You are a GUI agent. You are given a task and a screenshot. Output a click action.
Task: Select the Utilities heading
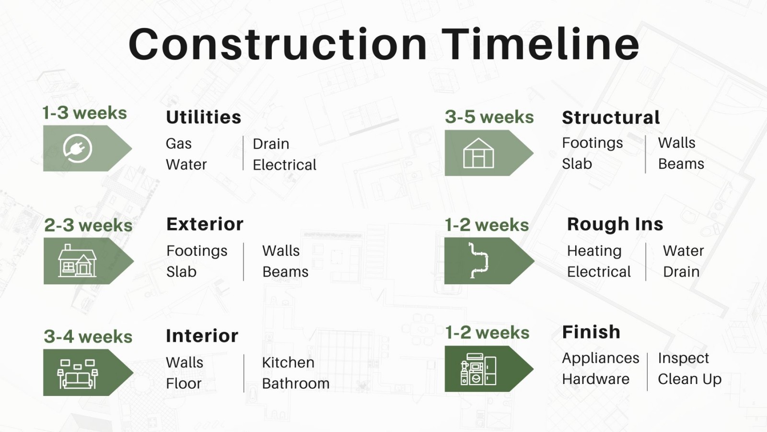204,118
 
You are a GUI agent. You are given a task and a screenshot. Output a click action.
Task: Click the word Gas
178,144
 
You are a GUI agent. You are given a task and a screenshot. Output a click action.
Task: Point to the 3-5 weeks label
489,117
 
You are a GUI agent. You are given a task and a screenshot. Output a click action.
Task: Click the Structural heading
611,118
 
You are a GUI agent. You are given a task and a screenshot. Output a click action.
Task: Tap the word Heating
594,252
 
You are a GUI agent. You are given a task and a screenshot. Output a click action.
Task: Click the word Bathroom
295,384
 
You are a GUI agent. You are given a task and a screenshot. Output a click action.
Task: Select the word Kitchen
288,363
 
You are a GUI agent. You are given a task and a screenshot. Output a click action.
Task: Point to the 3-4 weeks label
88,336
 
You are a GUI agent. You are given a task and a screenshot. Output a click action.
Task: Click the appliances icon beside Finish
478,369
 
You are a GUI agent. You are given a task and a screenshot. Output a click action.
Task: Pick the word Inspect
683,358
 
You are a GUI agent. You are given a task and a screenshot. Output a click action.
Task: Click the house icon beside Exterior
77,261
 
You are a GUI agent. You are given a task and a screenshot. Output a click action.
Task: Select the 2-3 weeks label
88,225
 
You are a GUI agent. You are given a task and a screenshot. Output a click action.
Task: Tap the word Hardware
595,379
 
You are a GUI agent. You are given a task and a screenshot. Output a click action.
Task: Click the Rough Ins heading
615,224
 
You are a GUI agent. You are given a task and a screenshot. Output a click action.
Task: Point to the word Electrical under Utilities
284,165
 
